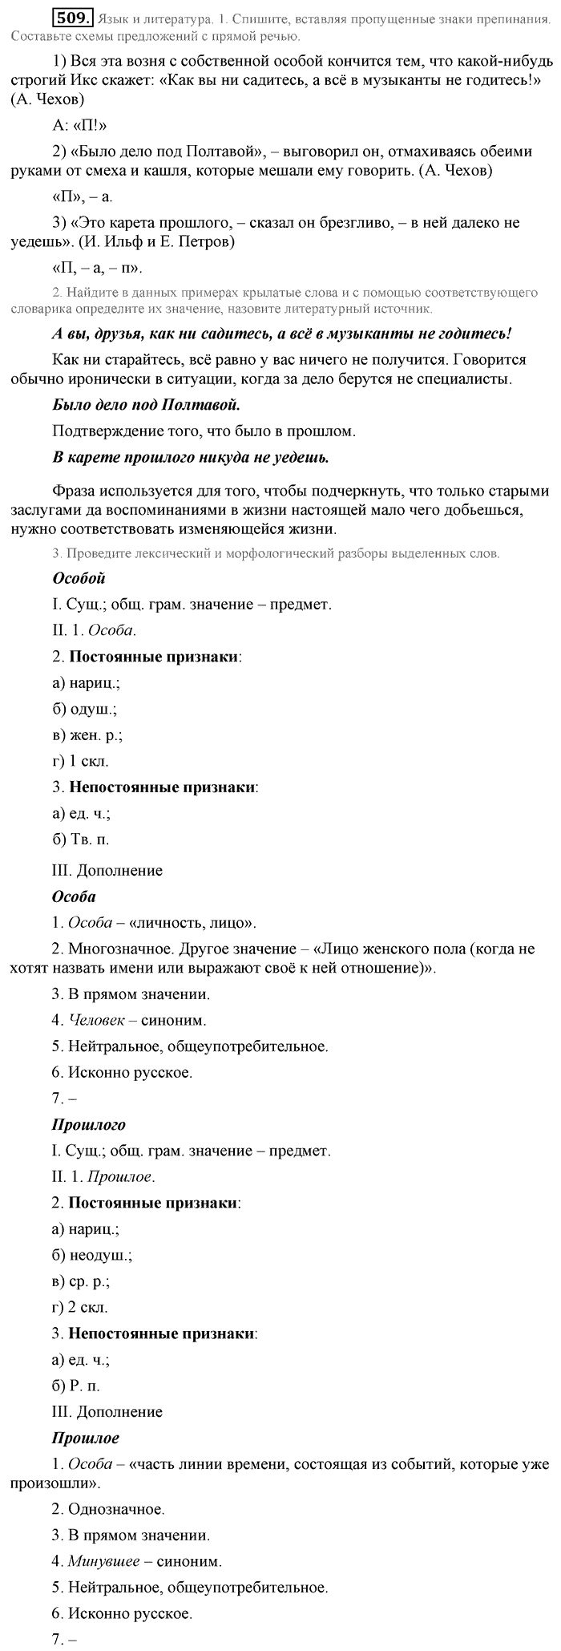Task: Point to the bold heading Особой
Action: [79, 578]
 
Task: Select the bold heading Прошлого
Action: [88, 1125]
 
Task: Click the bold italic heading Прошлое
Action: [85, 1438]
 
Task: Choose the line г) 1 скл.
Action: [80, 761]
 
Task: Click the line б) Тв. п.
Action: [80, 840]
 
